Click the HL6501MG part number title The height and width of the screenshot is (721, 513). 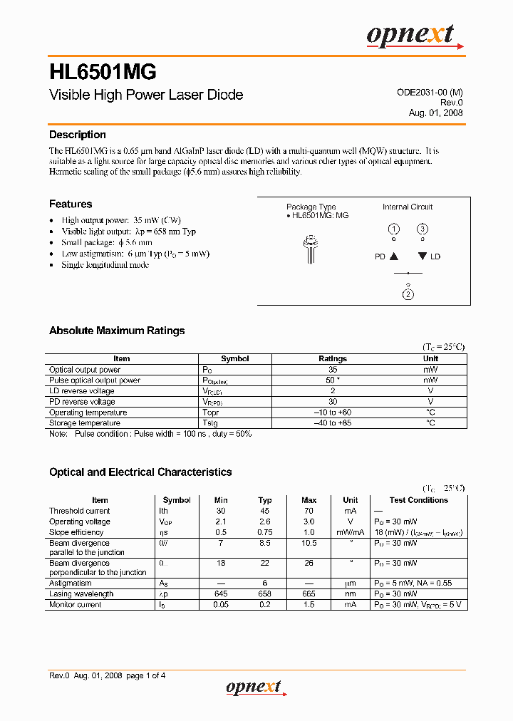click(103, 72)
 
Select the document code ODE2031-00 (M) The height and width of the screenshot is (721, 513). click(430, 93)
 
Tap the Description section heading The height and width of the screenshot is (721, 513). click(77, 135)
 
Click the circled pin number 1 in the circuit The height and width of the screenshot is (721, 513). click(394, 229)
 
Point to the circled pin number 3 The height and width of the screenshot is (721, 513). click(423, 229)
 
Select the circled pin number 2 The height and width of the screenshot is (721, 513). click(408, 295)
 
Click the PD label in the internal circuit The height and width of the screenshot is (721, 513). click(380, 256)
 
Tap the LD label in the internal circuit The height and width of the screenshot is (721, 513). click(435, 256)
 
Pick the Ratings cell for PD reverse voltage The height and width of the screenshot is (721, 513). click(333, 402)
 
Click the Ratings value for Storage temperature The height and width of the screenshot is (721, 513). click(333, 423)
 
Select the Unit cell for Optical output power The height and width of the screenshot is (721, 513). click(430, 370)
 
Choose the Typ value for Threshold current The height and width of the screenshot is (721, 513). click(265, 511)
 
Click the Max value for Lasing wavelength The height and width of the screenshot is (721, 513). click(309, 594)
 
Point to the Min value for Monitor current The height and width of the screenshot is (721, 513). click(221, 605)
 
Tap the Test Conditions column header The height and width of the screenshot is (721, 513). click(418, 500)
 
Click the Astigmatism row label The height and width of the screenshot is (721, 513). click(71, 583)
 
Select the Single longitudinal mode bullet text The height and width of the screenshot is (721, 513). click(105, 265)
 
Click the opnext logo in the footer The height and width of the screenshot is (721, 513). click(254, 688)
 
